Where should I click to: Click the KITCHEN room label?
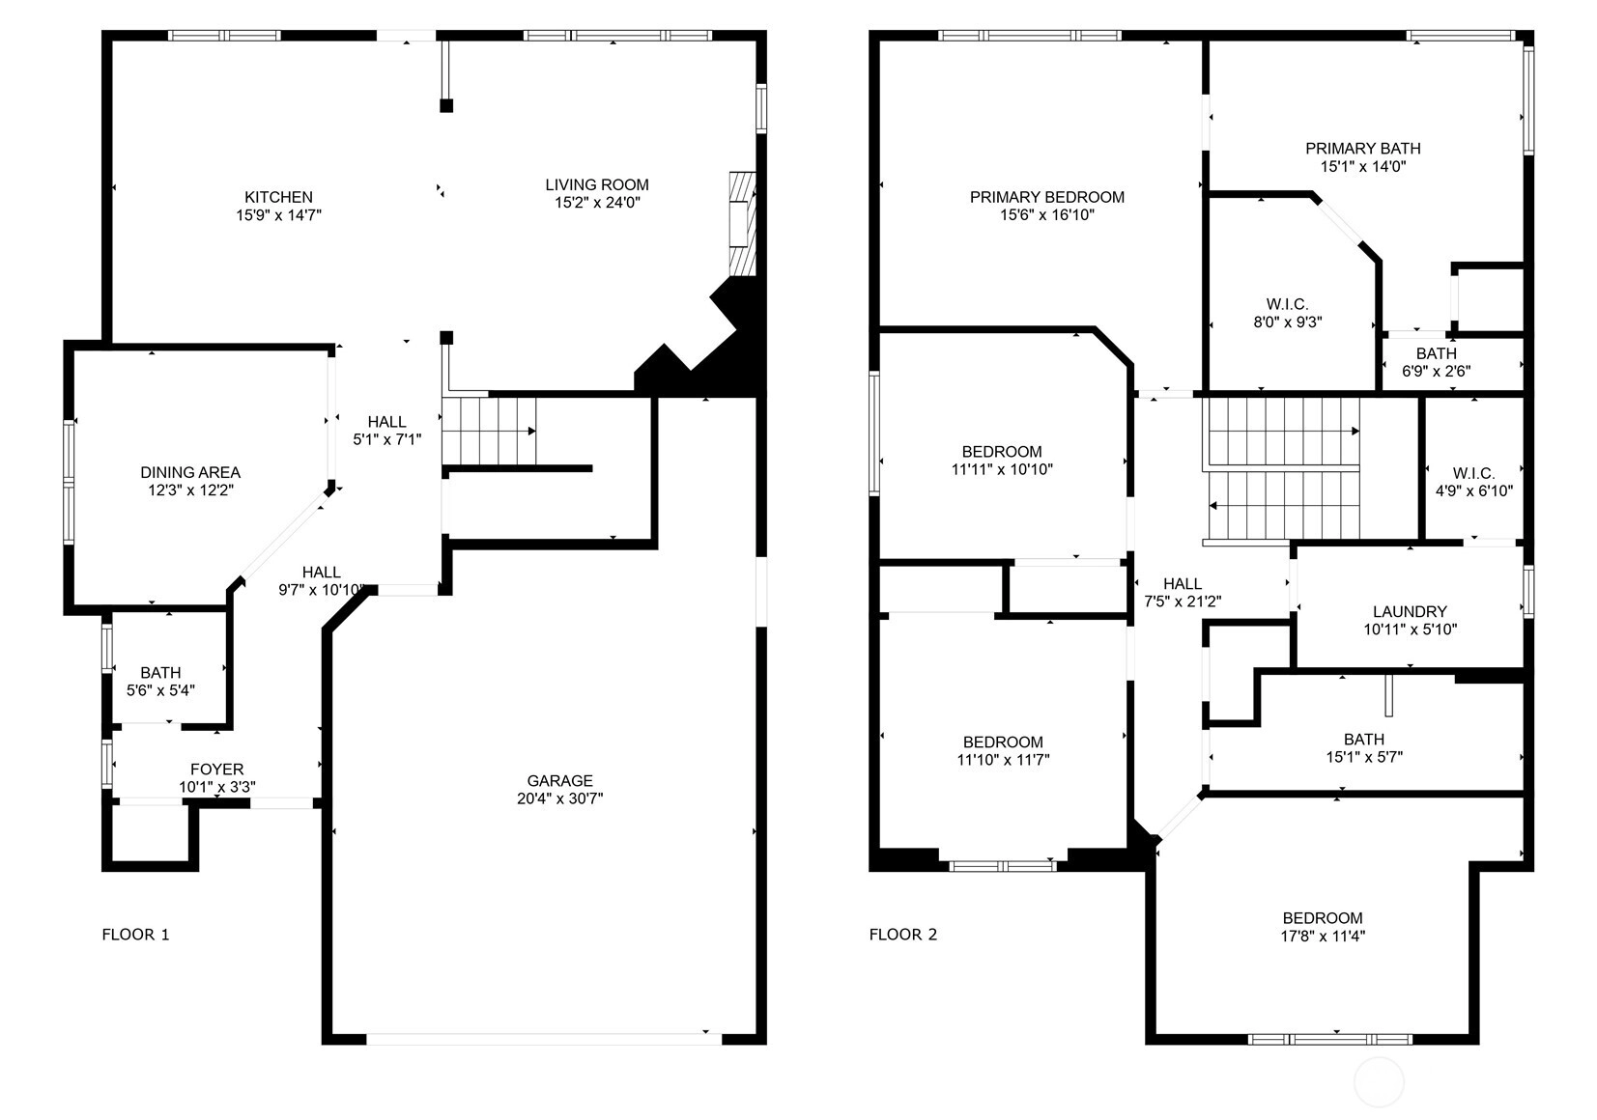tap(279, 197)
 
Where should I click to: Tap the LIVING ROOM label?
tap(597, 185)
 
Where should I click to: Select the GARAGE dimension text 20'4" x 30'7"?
tap(559, 798)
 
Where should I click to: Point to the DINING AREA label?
tap(190, 472)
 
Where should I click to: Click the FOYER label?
tap(216, 770)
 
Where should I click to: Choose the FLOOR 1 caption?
tap(135, 935)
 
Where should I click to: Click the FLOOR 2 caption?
tap(902, 935)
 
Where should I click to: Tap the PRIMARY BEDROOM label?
tap(1047, 197)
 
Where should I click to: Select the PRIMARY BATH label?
tap(1363, 149)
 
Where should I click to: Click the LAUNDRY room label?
tap(1411, 612)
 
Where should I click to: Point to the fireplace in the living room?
tap(742, 224)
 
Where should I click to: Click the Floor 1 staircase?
tap(489, 431)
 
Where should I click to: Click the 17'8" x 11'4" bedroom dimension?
tap(1323, 937)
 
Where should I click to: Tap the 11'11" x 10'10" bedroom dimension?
tap(1002, 469)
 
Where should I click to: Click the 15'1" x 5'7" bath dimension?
tap(1364, 757)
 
